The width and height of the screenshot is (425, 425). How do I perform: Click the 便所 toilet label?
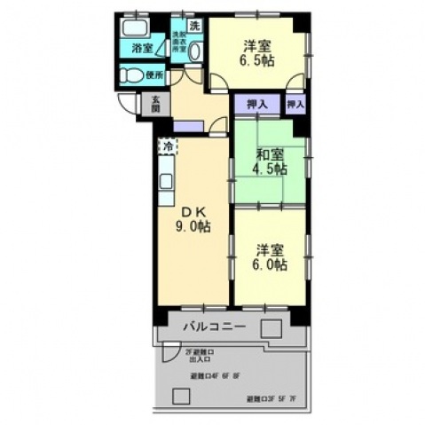[155, 76]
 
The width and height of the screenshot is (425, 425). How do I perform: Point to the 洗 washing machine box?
[194, 26]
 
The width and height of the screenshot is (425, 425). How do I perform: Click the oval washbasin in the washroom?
[195, 51]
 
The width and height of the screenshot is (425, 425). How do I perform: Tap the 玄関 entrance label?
[157, 102]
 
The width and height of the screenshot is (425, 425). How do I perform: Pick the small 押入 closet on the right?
[296, 104]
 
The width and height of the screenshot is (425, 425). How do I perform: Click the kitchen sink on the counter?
[167, 181]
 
